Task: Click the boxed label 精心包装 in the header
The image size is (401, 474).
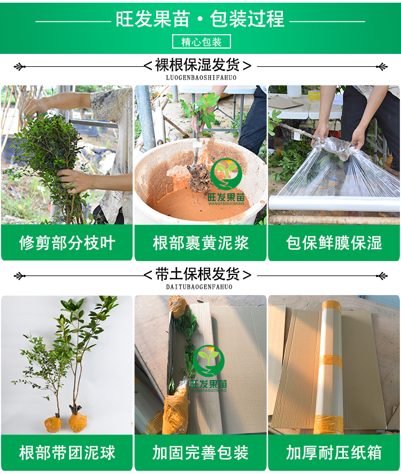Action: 202,42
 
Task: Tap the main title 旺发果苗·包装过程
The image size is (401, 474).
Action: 200,19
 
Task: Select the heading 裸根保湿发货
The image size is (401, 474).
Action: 197,65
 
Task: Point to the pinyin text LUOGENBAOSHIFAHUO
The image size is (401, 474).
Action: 201,78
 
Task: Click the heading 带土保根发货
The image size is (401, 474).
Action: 197,274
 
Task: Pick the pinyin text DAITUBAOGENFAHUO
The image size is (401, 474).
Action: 199,287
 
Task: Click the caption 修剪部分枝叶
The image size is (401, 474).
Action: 67,243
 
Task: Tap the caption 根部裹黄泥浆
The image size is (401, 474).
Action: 200,243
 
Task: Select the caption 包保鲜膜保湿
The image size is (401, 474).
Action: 334,243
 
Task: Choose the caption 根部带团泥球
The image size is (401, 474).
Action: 67,453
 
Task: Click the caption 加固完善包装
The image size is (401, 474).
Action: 200,453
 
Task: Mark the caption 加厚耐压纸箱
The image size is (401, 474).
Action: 334,453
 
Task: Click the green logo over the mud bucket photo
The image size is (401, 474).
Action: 226,181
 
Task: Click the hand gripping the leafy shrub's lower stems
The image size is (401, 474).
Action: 72,180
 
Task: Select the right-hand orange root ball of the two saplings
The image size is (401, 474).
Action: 78,422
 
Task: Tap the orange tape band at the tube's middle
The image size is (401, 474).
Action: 330,362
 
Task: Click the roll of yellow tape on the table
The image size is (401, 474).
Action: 314,94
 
